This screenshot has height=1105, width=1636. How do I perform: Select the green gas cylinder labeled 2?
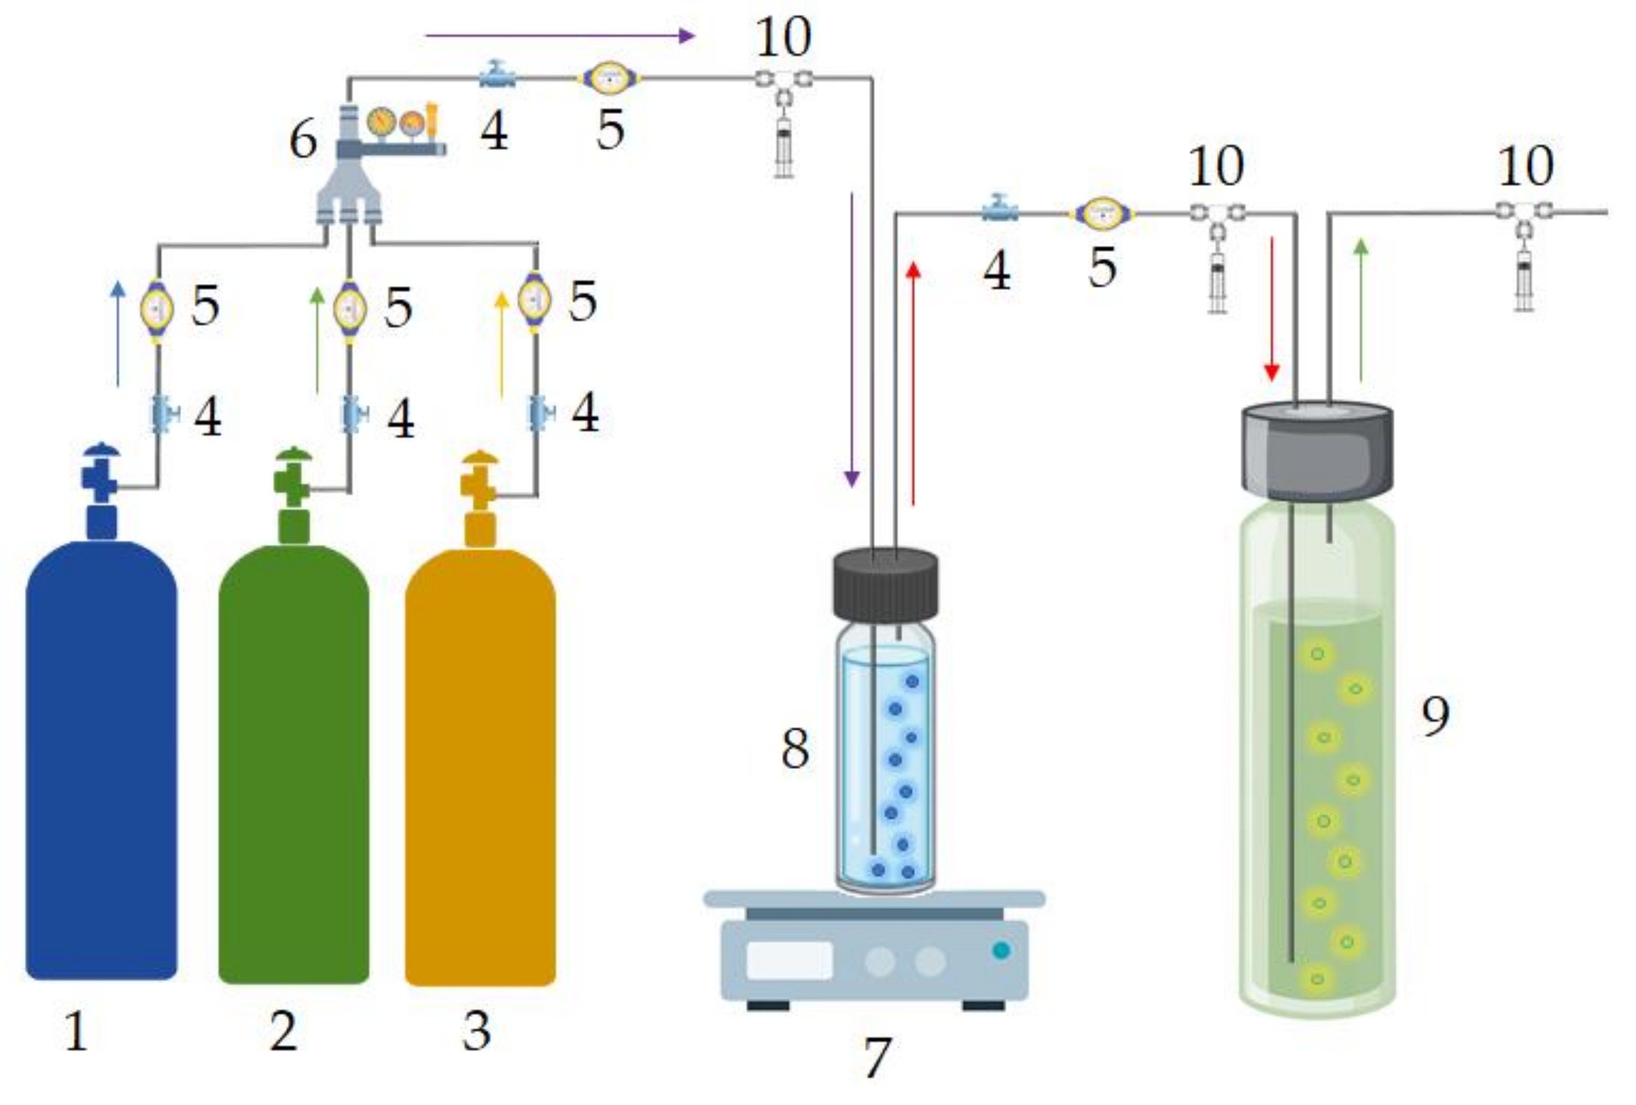pos(293,764)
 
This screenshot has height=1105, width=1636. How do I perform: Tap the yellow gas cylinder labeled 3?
pos(480,767)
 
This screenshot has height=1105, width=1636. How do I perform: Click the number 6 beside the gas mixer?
pos(303,139)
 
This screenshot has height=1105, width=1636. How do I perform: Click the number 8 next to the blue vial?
pos(795,748)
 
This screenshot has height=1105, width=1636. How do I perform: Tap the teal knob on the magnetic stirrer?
pos(1000,951)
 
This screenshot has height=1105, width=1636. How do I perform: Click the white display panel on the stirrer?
pos(789,960)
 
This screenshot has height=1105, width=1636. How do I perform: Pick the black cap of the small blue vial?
pos(885,586)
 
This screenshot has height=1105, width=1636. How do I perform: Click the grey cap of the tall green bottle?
pos(1317,450)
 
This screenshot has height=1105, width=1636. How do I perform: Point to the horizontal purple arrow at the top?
pos(560,36)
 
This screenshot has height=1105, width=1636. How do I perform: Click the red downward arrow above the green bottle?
pos(1271,309)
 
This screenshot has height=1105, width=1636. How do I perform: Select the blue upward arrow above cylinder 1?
pos(118,334)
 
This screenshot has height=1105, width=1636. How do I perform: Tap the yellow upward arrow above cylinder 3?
pos(501,345)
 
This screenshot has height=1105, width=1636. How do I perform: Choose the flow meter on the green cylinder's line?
pos(350,308)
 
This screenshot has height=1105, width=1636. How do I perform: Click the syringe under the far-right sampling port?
pos(1524,280)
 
